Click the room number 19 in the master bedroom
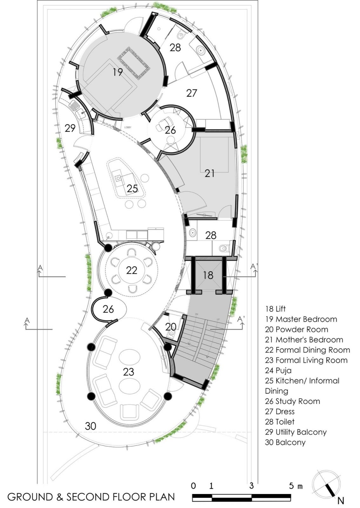117,72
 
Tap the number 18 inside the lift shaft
208,275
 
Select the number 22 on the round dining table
131,271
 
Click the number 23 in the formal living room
128,372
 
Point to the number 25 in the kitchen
132,189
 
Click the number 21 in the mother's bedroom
210,173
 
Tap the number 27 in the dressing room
191,93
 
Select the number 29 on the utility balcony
70,128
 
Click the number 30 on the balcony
90,426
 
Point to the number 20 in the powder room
171,327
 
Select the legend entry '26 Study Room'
292,401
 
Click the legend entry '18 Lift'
275,309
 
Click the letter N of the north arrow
341,501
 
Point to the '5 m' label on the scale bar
296,486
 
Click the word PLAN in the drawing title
160,497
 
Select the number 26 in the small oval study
108,309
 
